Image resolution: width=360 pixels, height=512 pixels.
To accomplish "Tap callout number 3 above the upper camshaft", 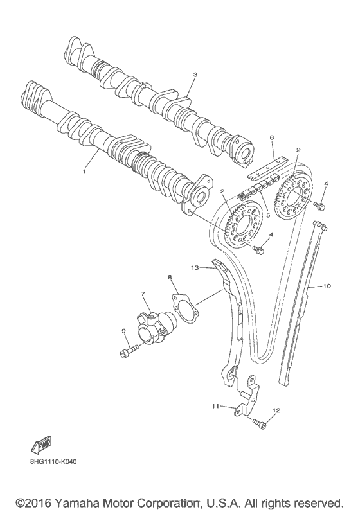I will tap(195, 75).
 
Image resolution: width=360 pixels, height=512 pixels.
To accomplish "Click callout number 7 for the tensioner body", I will tap(143, 294).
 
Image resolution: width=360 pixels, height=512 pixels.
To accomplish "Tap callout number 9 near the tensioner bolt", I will tap(123, 331).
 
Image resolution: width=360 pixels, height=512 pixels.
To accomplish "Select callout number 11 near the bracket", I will tap(215, 406).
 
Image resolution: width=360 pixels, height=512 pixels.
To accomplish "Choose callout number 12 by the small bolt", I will tap(277, 409).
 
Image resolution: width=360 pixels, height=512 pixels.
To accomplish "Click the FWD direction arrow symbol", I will tap(42, 445).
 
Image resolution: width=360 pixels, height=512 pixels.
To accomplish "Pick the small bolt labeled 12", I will tap(259, 422).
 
